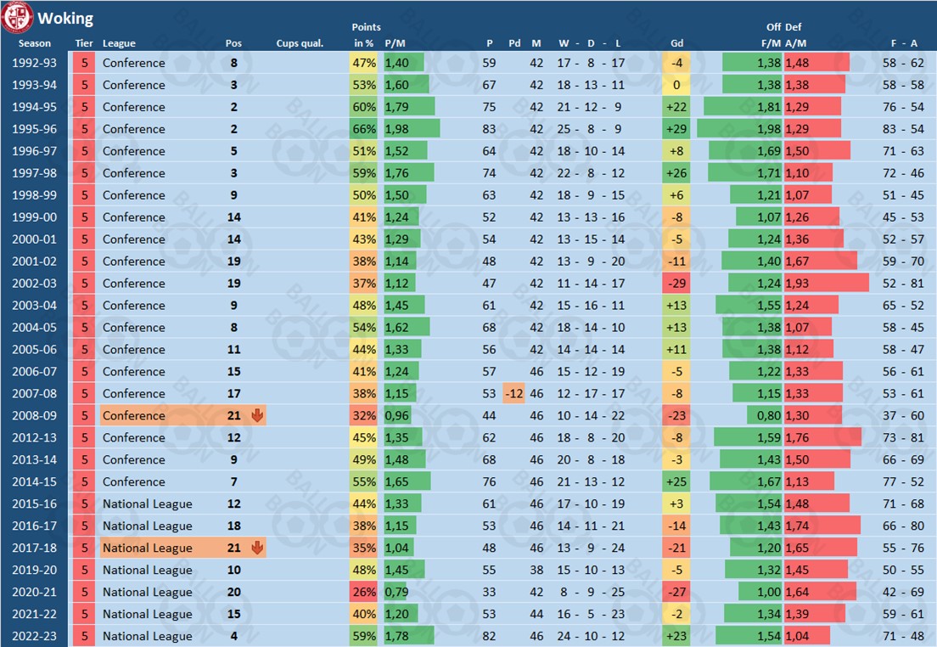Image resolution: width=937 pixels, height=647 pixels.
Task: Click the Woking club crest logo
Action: (x=18, y=17)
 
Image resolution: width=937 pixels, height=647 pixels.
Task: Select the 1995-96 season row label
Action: (x=35, y=129)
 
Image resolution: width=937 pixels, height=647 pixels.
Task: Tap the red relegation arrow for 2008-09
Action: (x=257, y=415)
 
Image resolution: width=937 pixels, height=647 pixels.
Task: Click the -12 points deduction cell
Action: (x=513, y=393)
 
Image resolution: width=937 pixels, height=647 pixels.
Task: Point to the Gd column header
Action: (x=676, y=43)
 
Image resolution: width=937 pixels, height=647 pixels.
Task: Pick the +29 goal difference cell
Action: (x=676, y=129)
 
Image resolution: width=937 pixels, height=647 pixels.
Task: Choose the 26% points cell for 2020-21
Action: (x=364, y=592)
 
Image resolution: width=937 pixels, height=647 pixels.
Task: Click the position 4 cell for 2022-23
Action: (x=233, y=636)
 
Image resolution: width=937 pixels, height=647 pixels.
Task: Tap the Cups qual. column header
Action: (x=300, y=43)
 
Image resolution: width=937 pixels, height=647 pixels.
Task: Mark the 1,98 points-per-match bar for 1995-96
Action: (x=412, y=129)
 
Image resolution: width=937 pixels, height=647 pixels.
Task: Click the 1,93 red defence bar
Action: (x=826, y=283)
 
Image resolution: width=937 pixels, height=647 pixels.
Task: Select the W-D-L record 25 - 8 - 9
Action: (x=590, y=129)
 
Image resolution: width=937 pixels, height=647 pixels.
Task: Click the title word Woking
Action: (x=65, y=18)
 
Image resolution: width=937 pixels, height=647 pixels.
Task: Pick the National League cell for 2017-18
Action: (x=148, y=548)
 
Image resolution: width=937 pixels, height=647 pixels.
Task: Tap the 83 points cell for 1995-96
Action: (x=490, y=129)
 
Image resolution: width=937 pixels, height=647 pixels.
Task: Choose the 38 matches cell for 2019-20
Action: (x=536, y=570)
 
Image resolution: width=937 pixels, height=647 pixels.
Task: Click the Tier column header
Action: (x=84, y=43)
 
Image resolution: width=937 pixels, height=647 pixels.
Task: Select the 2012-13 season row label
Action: (x=35, y=437)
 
